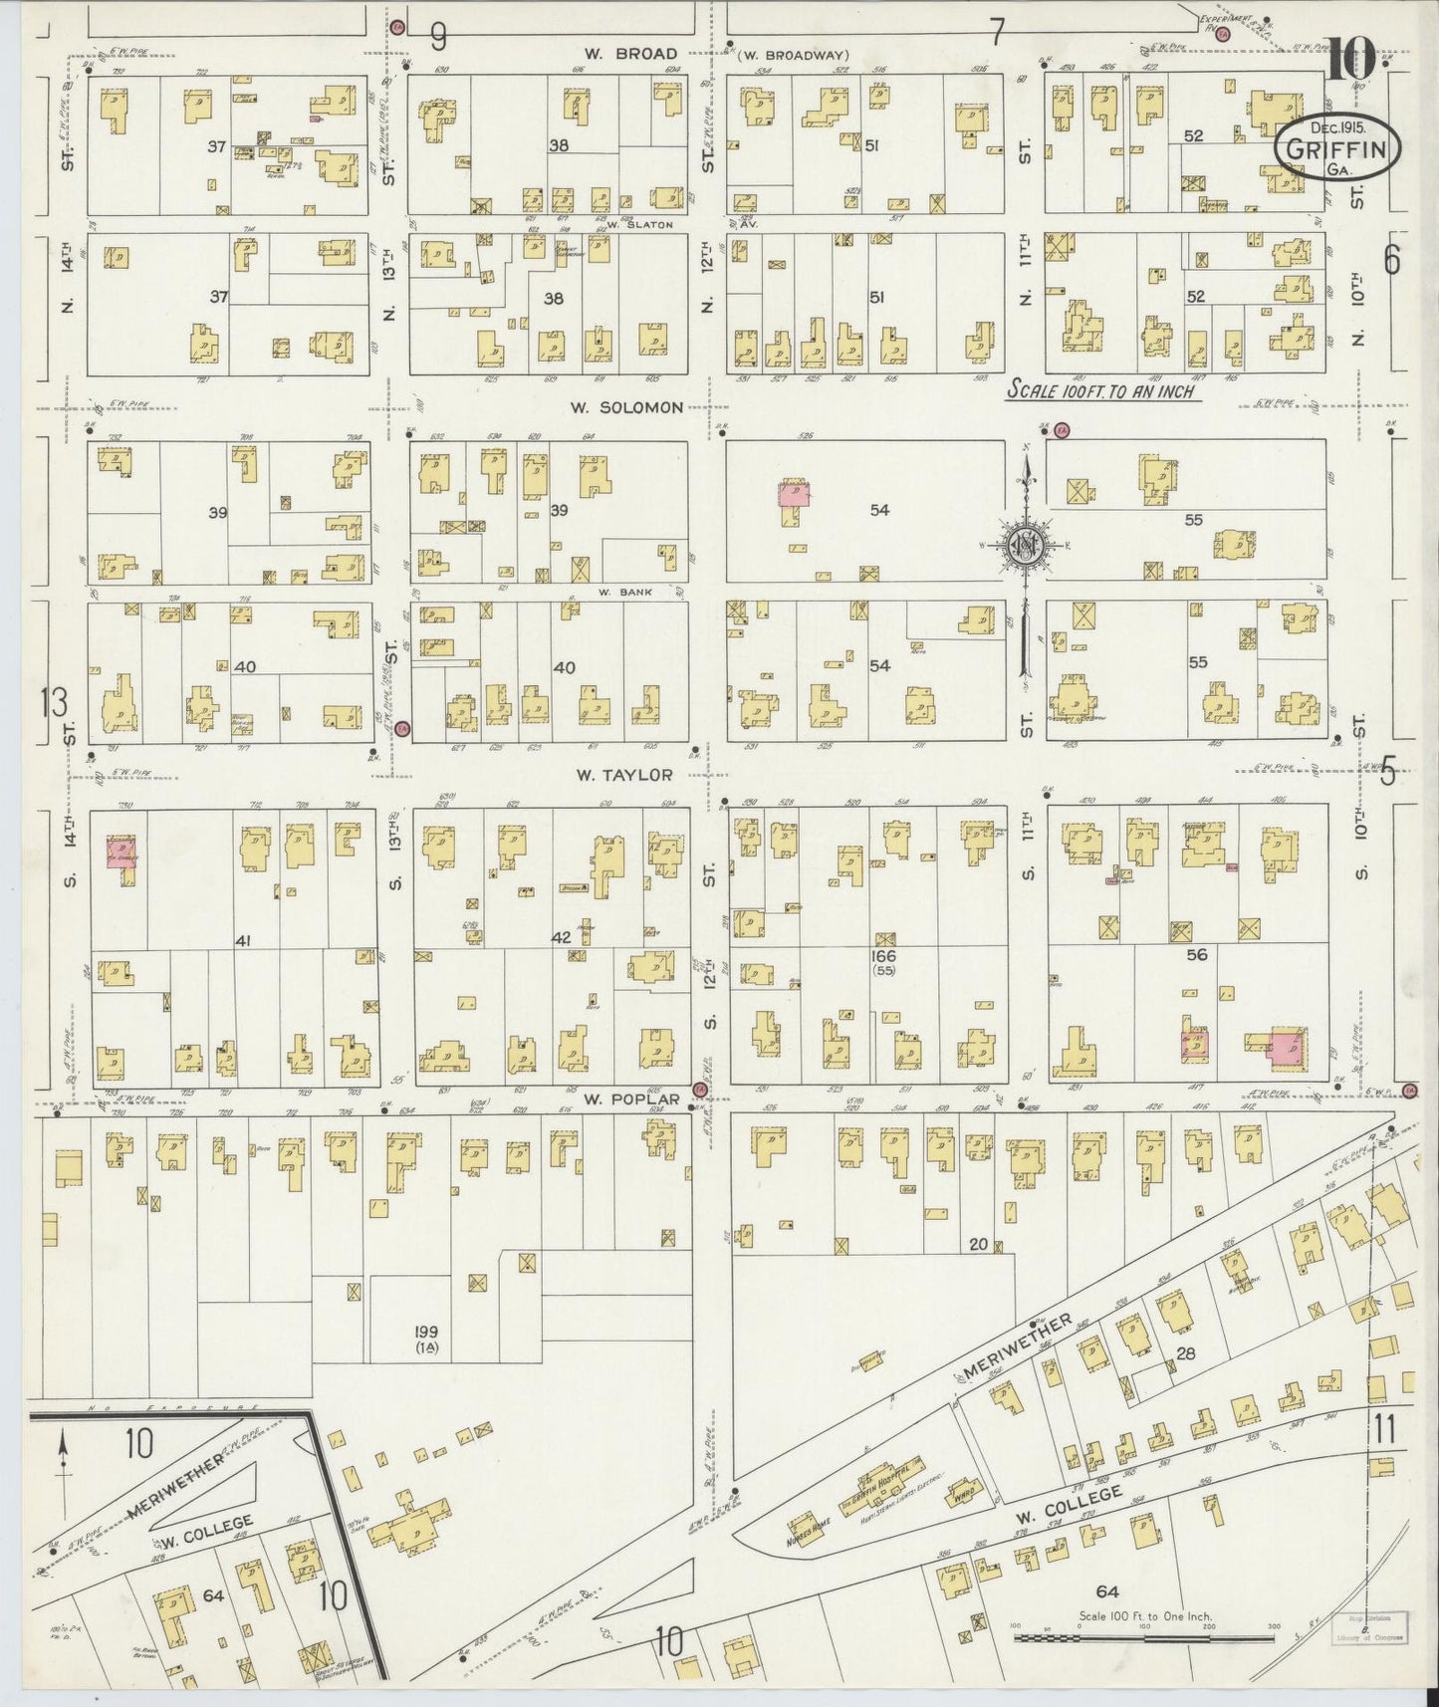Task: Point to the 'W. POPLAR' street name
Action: pyautogui.click(x=631, y=1098)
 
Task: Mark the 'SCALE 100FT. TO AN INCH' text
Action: pyautogui.click(x=1102, y=390)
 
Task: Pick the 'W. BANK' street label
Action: pyautogui.click(x=624, y=592)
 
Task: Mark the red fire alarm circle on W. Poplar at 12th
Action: pyautogui.click(x=699, y=1090)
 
